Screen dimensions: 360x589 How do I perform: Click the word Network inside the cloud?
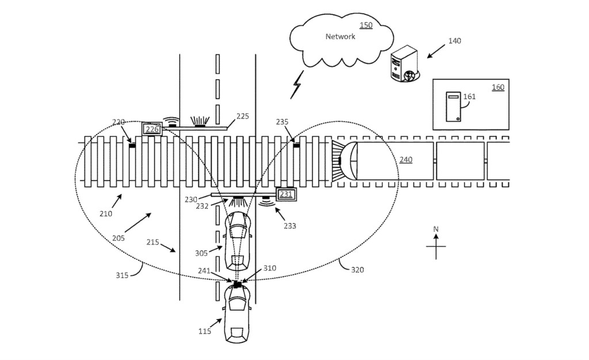click(340, 37)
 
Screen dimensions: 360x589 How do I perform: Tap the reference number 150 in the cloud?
click(366, 25)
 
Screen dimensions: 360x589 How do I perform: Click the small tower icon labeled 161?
click(453, 107)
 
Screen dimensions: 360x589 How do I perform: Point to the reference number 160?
click(498, 87)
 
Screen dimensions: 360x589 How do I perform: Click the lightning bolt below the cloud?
click(297, 85)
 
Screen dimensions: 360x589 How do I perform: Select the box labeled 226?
click(152, 129)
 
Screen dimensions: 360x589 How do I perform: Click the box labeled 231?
click(286, 194)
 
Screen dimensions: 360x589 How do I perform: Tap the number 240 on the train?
click(406, 160)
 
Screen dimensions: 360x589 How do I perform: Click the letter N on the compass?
click(436, 229)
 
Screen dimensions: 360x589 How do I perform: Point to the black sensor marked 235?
click(297, 145)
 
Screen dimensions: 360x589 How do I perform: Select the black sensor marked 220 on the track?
click(132, 145)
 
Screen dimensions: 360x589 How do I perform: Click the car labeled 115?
click(237, 313)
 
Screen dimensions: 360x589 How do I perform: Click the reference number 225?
click(243, 116)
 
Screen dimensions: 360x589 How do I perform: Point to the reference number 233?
click(289, 226)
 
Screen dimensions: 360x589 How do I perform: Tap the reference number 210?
click(105, 213)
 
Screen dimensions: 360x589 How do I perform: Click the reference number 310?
click(270, 269)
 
